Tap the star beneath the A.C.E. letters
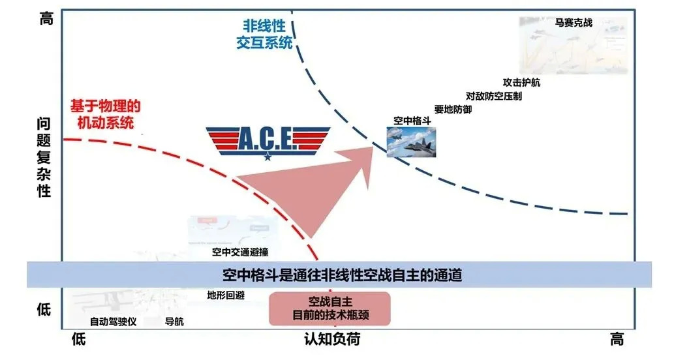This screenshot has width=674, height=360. click(x=268, y=157)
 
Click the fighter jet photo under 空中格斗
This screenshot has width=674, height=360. click(x=411, y=142)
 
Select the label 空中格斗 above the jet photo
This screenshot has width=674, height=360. click(x=412, y=121)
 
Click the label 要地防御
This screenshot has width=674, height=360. click(x=453, y=109)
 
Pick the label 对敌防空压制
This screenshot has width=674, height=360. click(x=493, y=96)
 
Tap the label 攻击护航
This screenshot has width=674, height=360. click(x=521, y=82)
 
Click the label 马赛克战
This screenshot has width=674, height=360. click(x=574, y=22)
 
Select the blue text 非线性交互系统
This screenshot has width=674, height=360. click(x=264, y=34)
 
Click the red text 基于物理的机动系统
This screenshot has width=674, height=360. click(x=106, y=114)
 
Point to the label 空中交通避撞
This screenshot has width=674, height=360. click(x=240, y=252)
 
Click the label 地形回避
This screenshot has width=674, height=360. click(x=226, y=295)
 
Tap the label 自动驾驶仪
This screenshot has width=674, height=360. click(x=113, y=322)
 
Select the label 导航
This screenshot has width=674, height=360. click(x=174, y=322)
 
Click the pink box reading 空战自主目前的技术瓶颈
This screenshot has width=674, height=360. click(x=329, y=308)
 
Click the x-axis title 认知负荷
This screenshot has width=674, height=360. click(x=332, y=339)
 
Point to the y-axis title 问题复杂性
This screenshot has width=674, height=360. click(x=44, y=157)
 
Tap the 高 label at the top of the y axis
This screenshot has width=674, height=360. click(x=46, y=19)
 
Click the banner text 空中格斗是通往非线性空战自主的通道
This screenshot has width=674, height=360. click(x=342, y=275)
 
